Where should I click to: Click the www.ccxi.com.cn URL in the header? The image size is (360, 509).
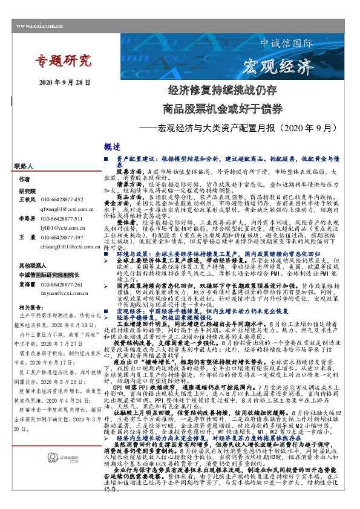(40, 26)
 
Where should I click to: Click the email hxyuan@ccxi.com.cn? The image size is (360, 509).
(64, 293)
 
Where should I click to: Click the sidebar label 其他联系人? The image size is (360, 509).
(30, 265)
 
